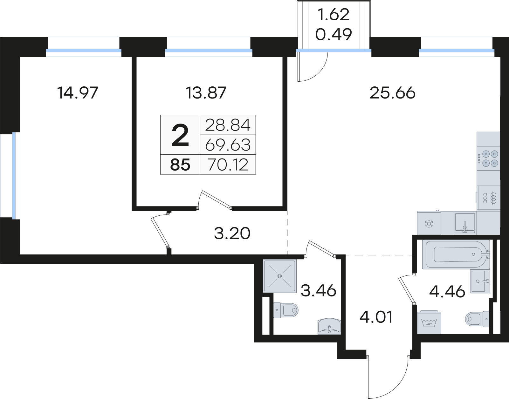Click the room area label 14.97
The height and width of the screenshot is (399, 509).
[77, 93]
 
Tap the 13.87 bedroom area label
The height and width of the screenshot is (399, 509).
[206, 93]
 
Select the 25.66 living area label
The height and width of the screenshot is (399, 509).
[392, 93]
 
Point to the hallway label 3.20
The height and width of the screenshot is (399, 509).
[232, 233]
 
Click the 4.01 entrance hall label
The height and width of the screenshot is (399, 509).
[376, 317]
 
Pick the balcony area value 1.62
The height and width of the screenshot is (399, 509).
[334, 15]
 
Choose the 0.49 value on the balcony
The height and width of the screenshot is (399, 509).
[334, 34]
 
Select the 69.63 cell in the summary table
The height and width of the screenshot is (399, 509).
[228, 145]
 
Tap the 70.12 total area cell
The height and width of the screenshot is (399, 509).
[228, 165]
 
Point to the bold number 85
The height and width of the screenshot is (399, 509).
[180, 165]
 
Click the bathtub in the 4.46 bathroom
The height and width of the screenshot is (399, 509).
[456, 254]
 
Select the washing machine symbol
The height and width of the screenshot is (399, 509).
[429, 322]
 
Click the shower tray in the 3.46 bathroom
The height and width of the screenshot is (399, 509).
[280, 276]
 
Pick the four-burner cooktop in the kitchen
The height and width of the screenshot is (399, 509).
[488, 158]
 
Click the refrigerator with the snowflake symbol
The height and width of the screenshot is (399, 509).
[429, 223]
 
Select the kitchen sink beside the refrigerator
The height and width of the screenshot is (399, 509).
[464, 223]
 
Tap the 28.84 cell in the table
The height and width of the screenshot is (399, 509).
[228, 125]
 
